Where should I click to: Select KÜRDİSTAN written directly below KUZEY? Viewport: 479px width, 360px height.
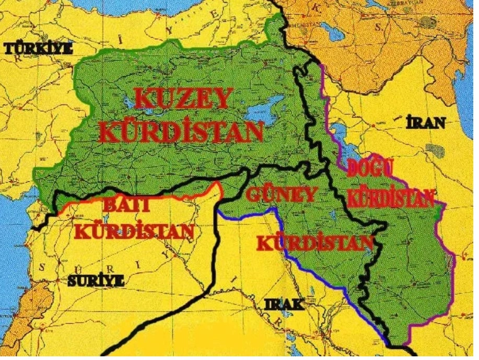click(x=181, y=133)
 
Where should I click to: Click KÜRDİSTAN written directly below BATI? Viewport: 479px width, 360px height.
click(x=135, y=230)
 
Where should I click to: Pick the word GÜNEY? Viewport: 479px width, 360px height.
click(x=281, y=195)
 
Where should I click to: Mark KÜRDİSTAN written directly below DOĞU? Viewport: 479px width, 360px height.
click(x=391, y=198)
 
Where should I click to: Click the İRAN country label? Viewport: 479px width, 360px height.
click(x=426, y=123)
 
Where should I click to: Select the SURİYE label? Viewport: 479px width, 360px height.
click(x=95, y=281)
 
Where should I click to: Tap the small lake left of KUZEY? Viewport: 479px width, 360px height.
click(x=144, y=111)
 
